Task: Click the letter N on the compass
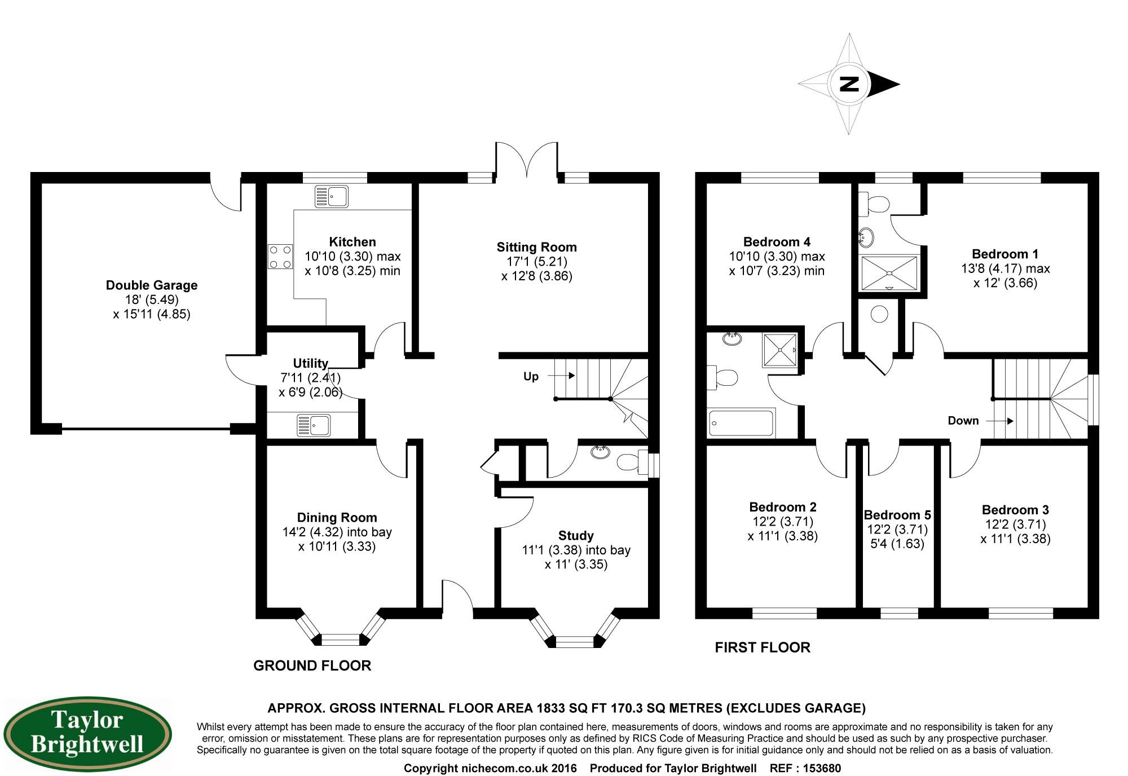coord(849,84)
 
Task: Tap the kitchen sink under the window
coord(331,197)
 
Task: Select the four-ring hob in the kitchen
coord(280,256)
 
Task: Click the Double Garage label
coord(152,285)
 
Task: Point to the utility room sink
coord(314,425)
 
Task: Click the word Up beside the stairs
coord(531,377)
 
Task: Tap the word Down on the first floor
coord(963,421)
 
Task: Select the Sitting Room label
coord(536,247)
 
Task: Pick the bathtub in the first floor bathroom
coord(741,422)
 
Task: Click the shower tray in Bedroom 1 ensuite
coord(889,274)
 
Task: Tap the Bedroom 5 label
coord(897,515)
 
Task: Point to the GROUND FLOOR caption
coord(312,666)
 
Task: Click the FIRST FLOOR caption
coord(762,647)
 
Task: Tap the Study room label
coord(575,536)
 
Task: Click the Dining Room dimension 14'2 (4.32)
coord(313,532)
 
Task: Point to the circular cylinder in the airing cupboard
coord(879,314)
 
